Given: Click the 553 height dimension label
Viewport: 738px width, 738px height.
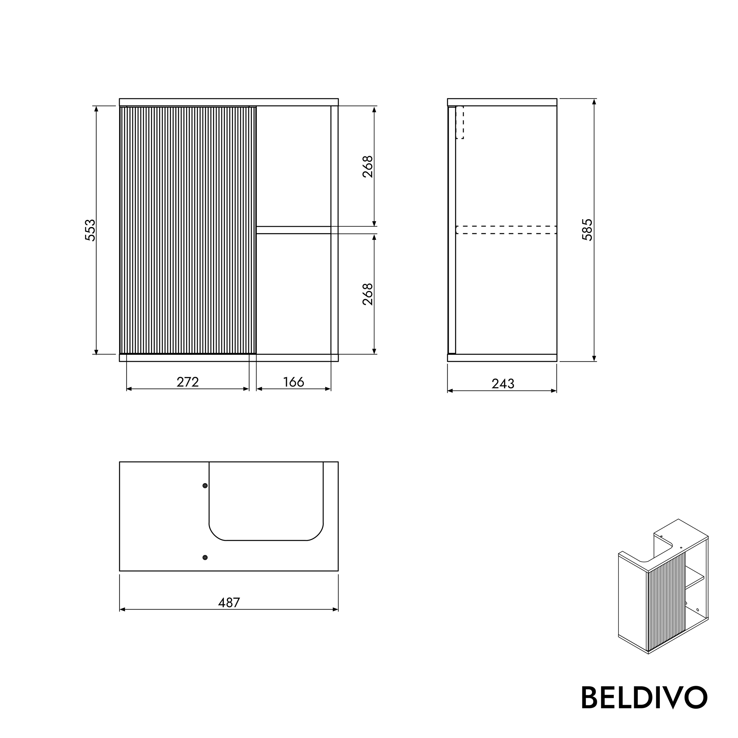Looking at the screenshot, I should click(x=90, y=230).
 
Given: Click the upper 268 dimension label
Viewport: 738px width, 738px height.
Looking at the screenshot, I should click(x=368, y=166).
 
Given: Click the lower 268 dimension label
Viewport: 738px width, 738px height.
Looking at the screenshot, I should click(x=368, y=294).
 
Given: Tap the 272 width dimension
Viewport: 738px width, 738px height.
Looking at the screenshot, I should click(x=187, y=382).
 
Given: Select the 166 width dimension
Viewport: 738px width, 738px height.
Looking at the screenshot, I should click(x=293, y=382).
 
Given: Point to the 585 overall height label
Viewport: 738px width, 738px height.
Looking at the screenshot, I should click(x=587, y=230).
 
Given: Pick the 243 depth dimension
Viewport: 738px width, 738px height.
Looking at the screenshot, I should click(x=503, y=383).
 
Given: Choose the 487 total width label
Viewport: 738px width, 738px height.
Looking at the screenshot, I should click(x=229, y=603).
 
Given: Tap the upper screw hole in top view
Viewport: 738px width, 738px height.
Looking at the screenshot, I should click(x=205, y=486).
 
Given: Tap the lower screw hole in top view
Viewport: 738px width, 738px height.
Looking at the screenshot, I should click(x=205, y=557).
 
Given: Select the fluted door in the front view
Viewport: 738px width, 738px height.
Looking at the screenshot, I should click(x=187, y=230).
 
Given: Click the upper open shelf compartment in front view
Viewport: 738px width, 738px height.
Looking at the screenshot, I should click(x=293, y=166).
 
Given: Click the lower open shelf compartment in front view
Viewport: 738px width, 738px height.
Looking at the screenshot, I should click(x=293, y=293).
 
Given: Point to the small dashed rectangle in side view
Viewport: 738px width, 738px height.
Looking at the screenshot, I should click(x=460, y=122).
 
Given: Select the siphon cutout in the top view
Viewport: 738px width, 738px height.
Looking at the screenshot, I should click(x=266, y=500).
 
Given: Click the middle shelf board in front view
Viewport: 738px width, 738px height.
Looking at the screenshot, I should click(x=293, y=230).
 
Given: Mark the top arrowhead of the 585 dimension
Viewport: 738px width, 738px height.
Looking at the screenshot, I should click(x=594, y=102).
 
